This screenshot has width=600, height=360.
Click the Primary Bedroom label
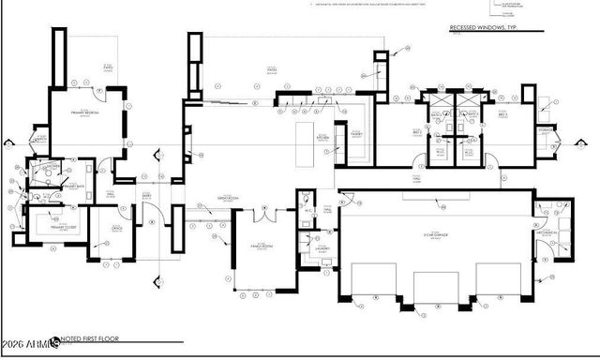86,112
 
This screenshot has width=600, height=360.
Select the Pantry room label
357,133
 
